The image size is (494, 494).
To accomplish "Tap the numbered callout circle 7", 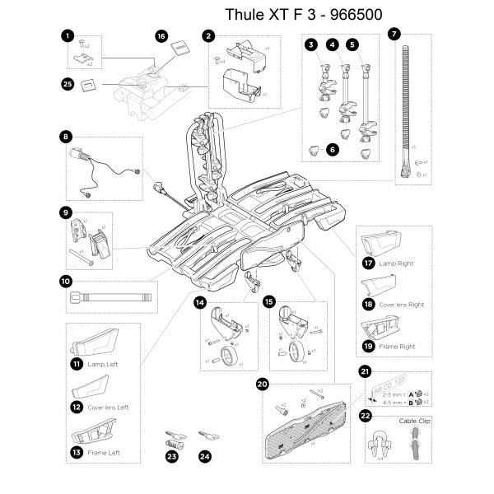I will (394, 35).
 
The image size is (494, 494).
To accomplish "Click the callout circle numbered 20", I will (262, 384).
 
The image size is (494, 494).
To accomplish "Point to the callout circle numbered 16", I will (161, 37).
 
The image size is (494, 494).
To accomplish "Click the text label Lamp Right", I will (395, 263).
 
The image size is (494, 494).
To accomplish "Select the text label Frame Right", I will (397, 347).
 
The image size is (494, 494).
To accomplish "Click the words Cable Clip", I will (414, 421).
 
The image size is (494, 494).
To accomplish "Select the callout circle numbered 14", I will (199, 302).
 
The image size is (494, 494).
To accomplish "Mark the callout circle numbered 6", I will (332, 151).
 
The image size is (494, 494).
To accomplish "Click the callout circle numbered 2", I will (209, 36).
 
